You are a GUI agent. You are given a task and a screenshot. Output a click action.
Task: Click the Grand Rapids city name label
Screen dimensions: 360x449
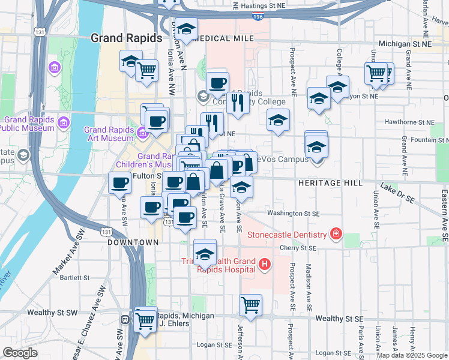pyautogui.click(x=126, y=38)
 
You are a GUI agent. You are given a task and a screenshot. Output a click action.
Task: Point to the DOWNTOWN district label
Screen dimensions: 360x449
pyautogui.click(x=133, y=242)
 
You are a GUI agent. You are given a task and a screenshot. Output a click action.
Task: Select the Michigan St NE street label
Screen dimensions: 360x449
pyautogui.click(x=406, y=44)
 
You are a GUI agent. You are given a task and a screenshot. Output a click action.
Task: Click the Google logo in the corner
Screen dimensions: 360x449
pyautogui.click(x=20, y=353)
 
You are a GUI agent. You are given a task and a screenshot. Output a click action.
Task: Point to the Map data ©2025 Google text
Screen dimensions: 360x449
pyautogui.click(x=411, y=355)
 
